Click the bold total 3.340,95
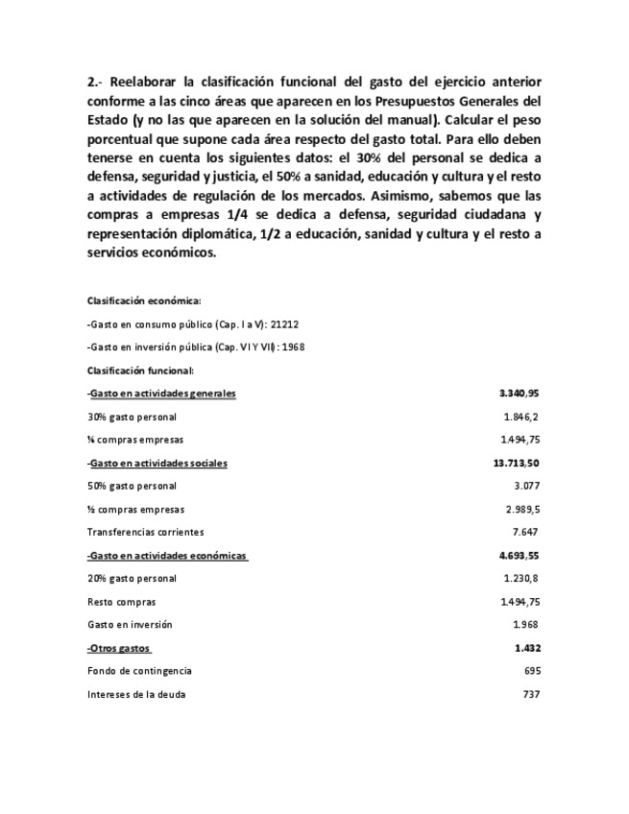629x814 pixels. (520, 394)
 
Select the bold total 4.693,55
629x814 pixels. (520, 556)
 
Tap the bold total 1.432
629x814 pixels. (527, 648)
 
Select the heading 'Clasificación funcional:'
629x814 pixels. (140, 371)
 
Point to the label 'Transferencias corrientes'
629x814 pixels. (145, 532)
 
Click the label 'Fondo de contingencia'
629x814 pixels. (139, 671)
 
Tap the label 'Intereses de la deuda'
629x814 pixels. (136, 694)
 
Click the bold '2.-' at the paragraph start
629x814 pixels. (95, 83)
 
